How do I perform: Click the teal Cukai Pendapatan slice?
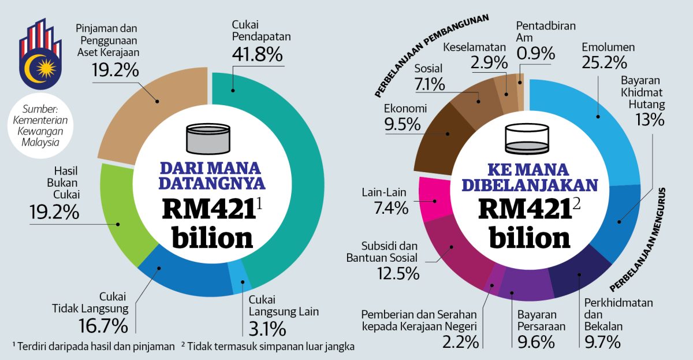click(300, 173)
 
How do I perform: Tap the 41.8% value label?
click(257, 55)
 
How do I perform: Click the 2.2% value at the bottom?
click(460, 342)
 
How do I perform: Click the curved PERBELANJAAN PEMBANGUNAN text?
click(430, 55)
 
